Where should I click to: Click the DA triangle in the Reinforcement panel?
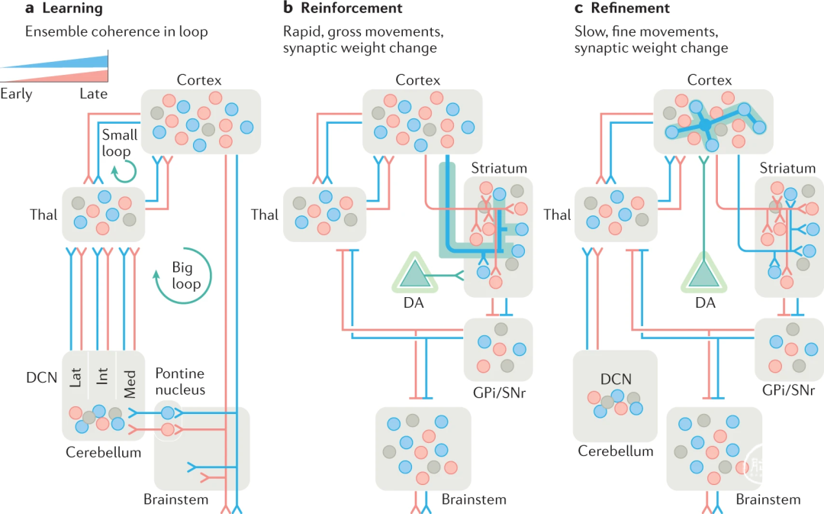tap(416, 274)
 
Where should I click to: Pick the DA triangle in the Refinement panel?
tap(705, 274)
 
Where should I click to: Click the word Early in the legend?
tap(16, 94)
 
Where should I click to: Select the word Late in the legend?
tap(94, 94)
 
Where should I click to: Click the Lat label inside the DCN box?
tap(76, 377)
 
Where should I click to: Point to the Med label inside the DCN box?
tap(130, 377)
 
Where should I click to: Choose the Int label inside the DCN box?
tap(103, 377)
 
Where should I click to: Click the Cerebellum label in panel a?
tap(103, 452)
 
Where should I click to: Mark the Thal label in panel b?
tap(265, 215)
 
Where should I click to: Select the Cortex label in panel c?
tap(710, 80)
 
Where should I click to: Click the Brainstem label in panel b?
tap(474, 500)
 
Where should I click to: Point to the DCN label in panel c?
tap(615, 380)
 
